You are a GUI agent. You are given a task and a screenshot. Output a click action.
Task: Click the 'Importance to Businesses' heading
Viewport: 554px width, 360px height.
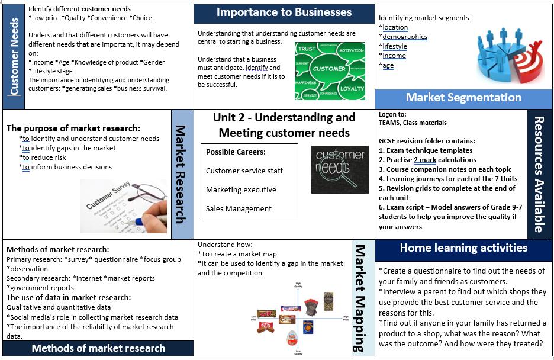point(284,12)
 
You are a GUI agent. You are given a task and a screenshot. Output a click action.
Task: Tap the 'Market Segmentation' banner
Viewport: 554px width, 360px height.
point(463,98)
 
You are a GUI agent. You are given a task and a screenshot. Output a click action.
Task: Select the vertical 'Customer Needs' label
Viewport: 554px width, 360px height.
point(14,56)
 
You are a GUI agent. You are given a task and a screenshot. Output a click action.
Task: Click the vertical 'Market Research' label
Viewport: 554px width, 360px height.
point(182,173)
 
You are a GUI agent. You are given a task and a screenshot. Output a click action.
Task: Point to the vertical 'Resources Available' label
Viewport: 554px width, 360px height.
point(539,173)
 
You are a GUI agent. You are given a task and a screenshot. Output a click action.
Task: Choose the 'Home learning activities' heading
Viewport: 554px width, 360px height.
point(463,247)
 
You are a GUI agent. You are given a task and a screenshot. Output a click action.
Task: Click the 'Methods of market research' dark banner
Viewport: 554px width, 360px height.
point(98,348)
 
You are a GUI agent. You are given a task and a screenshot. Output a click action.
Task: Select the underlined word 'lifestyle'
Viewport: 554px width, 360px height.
point(395,46)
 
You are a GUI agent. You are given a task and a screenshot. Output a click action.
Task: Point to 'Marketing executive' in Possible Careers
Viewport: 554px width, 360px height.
point(241,189)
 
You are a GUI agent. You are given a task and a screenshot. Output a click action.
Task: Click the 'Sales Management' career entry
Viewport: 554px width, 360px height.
point(239,208)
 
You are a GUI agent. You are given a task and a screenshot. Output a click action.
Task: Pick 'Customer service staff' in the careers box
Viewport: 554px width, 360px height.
point(244,171)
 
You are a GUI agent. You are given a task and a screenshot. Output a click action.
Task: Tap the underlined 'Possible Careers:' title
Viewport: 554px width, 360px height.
point(236,152)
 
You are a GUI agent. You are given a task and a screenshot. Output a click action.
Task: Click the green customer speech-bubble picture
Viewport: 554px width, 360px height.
point(330,70)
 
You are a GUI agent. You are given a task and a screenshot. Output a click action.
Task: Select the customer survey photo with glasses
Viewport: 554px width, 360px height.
point(124,203)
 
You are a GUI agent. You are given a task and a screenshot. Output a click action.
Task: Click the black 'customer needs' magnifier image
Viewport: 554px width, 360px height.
point(340,169)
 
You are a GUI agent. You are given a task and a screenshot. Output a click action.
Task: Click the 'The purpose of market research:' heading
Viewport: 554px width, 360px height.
point(73,128)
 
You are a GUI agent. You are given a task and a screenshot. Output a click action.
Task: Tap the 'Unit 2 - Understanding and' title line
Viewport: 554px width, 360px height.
point(284,117)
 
